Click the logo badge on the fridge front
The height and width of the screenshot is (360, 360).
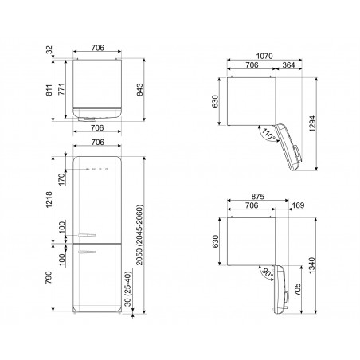[98, 169]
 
